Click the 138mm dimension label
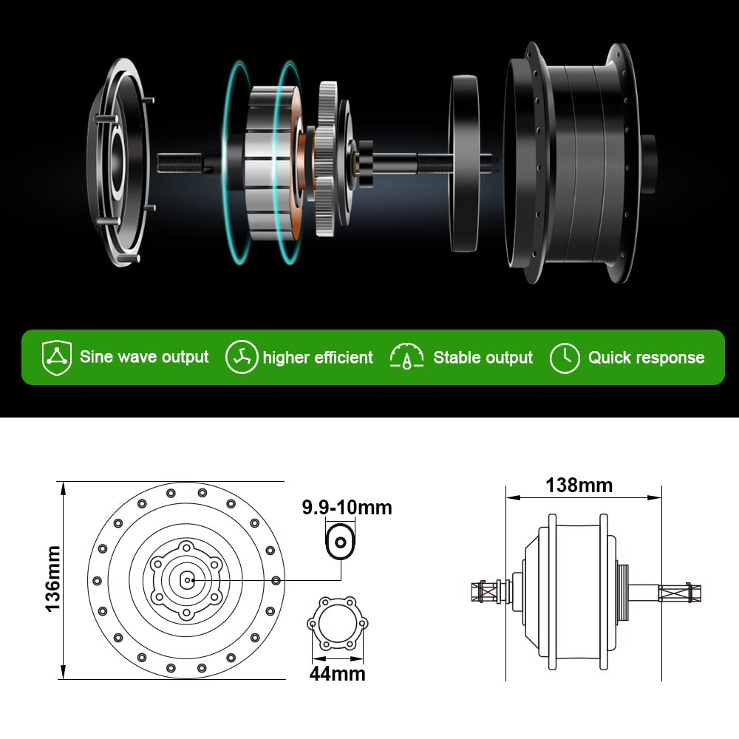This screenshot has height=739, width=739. click(579, 486)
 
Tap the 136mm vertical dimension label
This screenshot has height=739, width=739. click(52, 579)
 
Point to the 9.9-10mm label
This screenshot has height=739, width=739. click(347, 508)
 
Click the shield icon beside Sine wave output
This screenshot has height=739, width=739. click(57, 358)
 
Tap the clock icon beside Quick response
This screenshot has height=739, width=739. click(565, 358)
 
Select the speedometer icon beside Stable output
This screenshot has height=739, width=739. click(406, 358)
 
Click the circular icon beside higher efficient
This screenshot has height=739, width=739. click(242, 358)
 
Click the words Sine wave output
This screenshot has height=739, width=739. click(144, 358)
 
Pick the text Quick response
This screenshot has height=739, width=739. click(646, 358)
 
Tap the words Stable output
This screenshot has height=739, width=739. click(483, 358)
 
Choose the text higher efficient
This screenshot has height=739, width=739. click(318, 358)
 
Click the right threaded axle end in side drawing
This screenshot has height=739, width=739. click(680, 593)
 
